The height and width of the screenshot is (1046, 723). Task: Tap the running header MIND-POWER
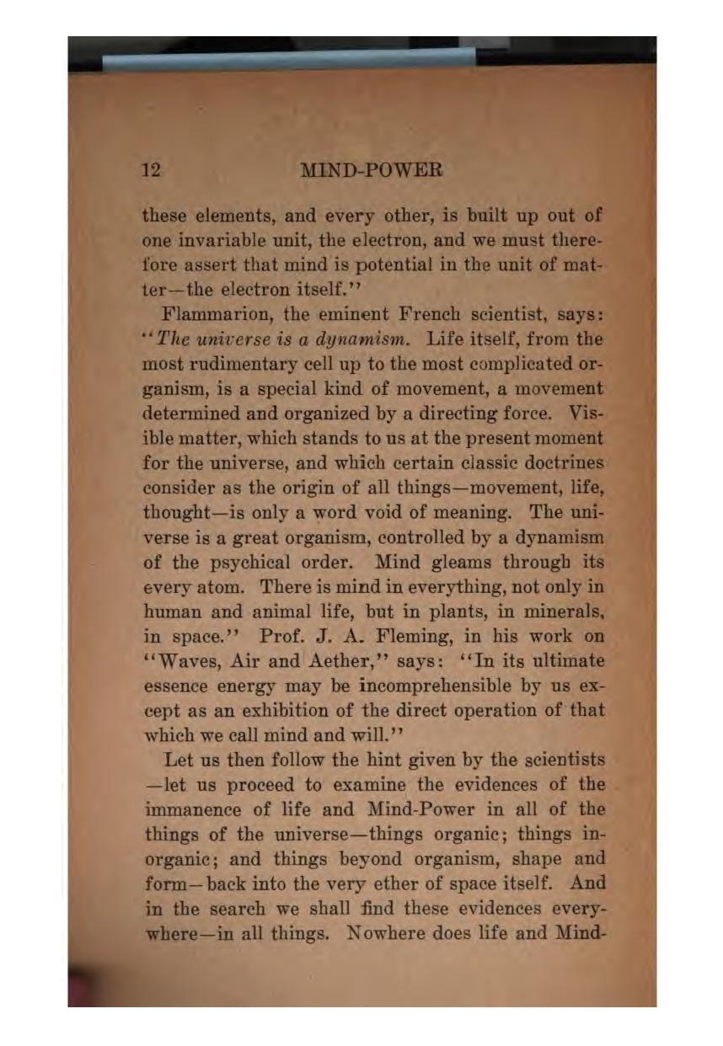pos(371,171)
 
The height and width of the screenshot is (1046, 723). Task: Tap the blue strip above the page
pos(287,57)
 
